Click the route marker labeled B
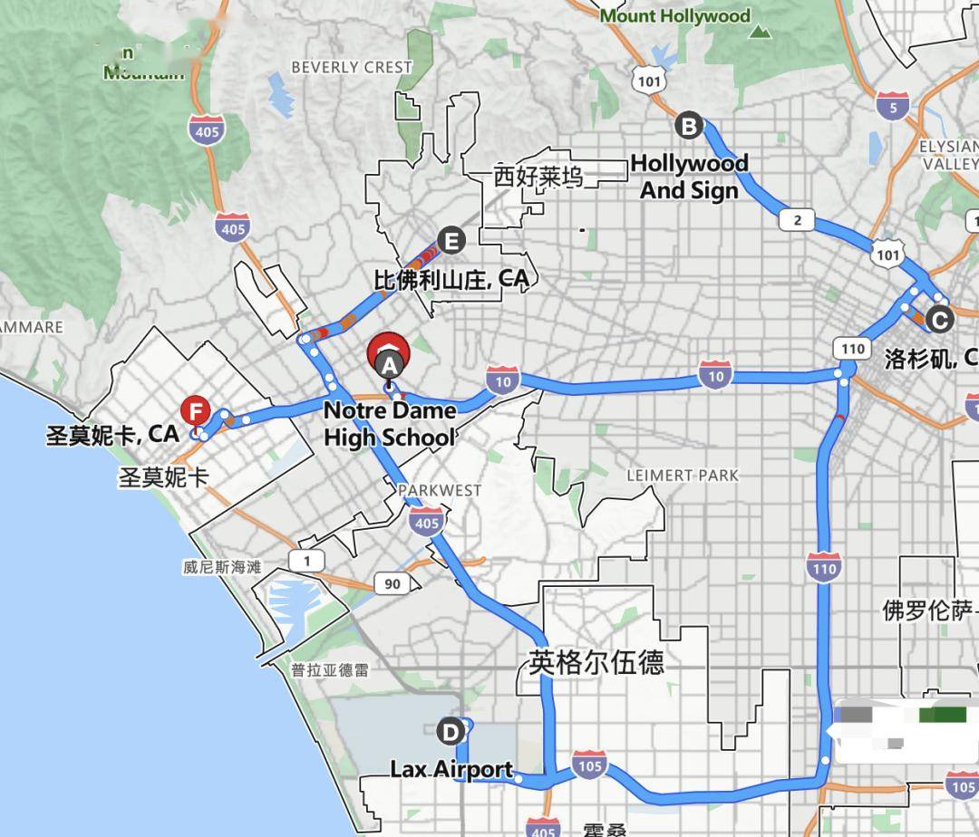pyautogui.click(x=689, y=126)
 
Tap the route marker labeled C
pyautogui.click(x=939, y=319)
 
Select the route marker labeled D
pyautogui.click(x=449, y=731)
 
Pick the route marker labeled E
pyautogui.click(x=451, y=240)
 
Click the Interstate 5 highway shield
pyautogui.click(x=892, y=106)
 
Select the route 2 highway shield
pyautogui.click(x=796, y=220)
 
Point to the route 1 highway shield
pyautogui.click(x=307, y=561)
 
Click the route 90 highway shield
pyautogui.click(x=392, y=583)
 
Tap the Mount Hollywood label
pyautogui.click(x=675, y=16)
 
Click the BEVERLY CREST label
pyautogui.click(x=352, y=67)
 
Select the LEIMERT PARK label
pyautogui.click(x=683, y=475)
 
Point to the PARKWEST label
pyautogui.click(x=440, y=490)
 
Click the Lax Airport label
pyautogui.click(x=451, y=770)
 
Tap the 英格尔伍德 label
pyautogui.click(x=596, y=662)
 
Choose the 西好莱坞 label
pyautogui.click(x=538, y=177)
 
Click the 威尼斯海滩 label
pyautogui.click(x=221, y=567)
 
